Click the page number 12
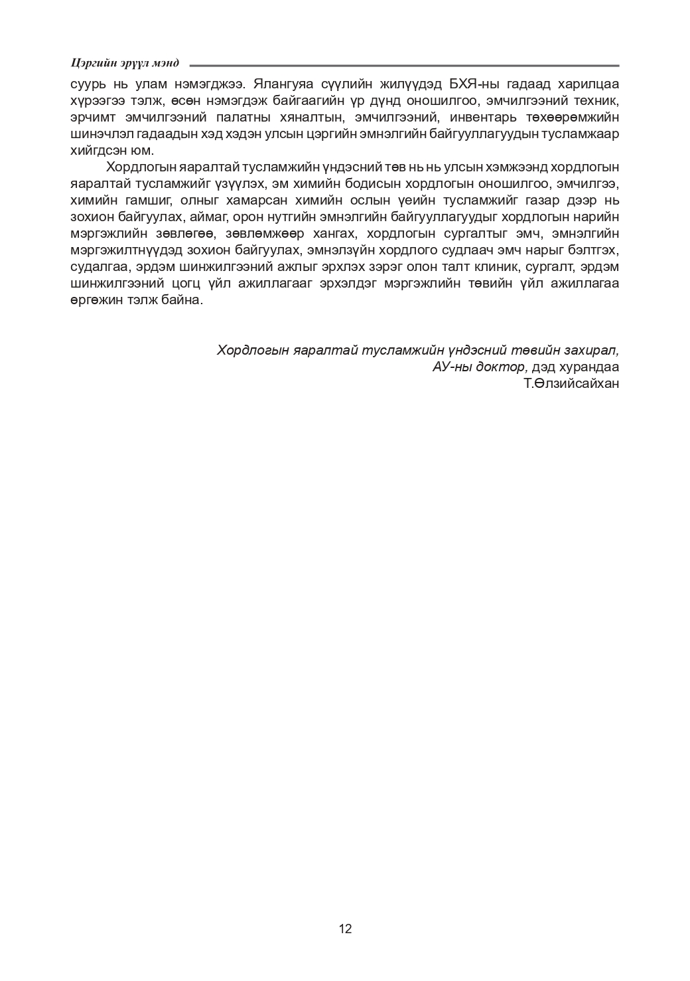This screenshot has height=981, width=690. pyautogui.click(x=345, y=929)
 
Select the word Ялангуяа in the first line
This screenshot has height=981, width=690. pyautogui.click(x=274, y=85)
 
